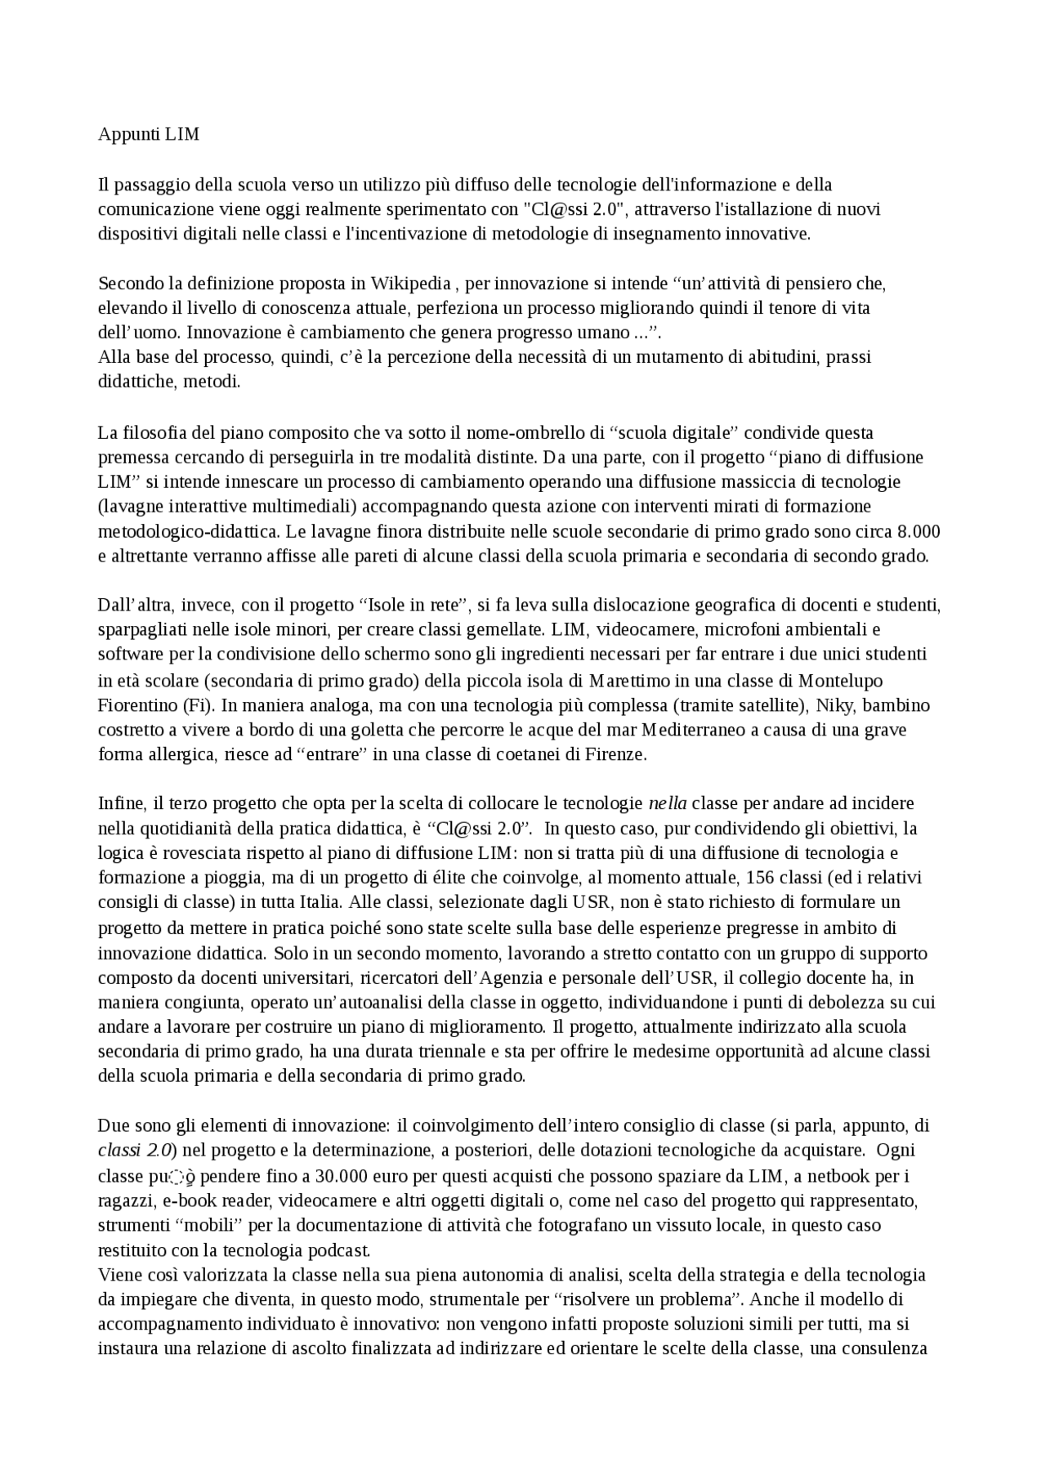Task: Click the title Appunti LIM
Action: click(x=148, y=134)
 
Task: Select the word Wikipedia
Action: click(x=411, y=284)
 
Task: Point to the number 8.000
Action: click(x=919, y=531)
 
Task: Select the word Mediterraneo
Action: click(x=694, y=729)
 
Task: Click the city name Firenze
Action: click(x=615, y=754)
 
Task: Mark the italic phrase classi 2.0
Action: click(x=134, y=1150)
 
